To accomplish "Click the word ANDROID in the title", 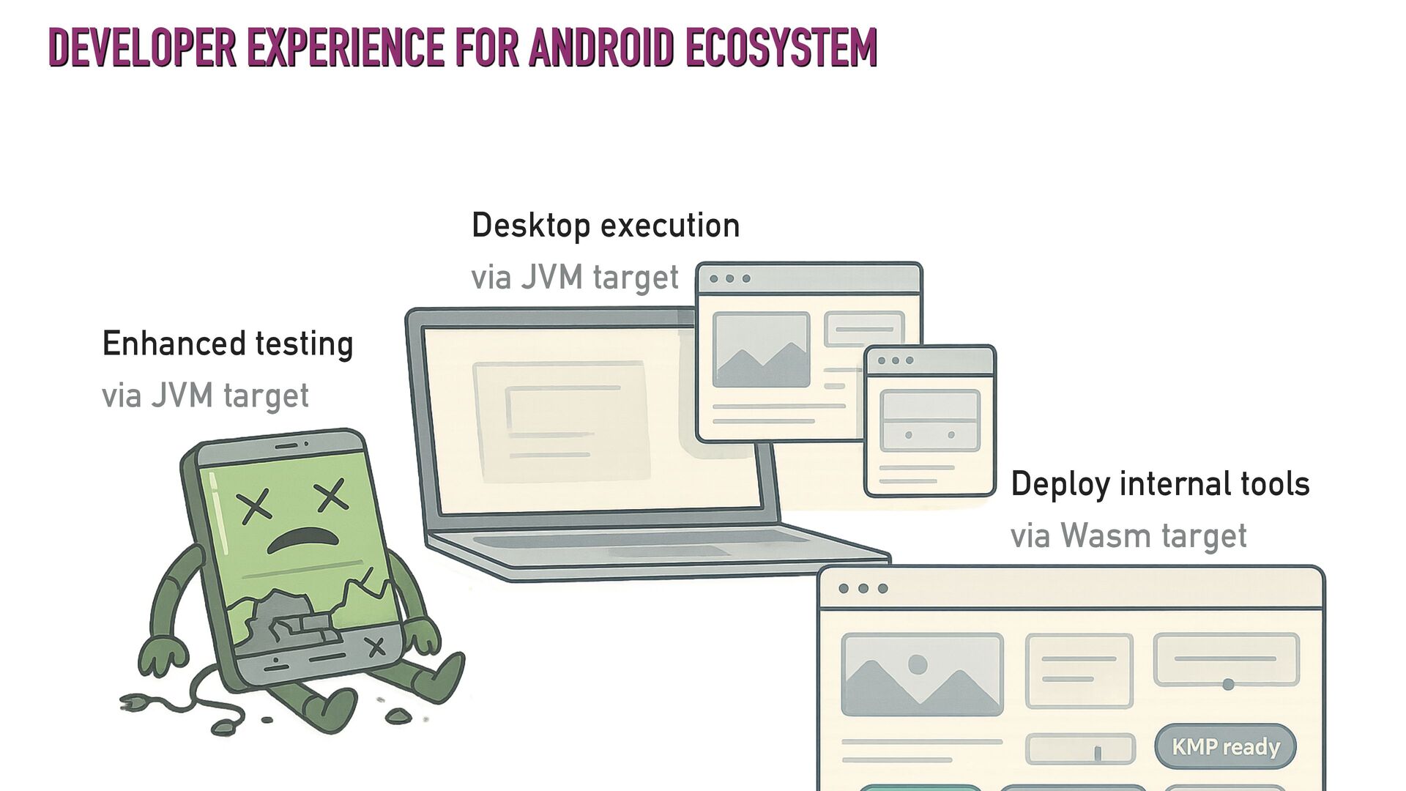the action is point(600,48).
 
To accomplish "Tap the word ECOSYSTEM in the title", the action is point(781,48).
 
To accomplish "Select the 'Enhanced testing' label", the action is point(228,343).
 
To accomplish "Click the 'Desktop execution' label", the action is point(605,225).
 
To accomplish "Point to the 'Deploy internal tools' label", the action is point(1160,484).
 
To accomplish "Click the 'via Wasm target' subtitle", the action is point(1128,535).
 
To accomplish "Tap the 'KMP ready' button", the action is point(1225,746).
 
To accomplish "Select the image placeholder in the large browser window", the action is point(922,674).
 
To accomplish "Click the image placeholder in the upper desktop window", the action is point(761,349).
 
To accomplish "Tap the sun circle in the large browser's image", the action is point(918,664).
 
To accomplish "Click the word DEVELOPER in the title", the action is point(142,48).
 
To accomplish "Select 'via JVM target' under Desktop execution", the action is point(575,278).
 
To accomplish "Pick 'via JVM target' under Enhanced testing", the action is point(205,396).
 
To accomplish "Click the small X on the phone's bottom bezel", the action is point(376,647).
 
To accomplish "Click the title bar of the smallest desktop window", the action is point(929,360).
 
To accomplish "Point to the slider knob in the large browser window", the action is point(1228,684).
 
